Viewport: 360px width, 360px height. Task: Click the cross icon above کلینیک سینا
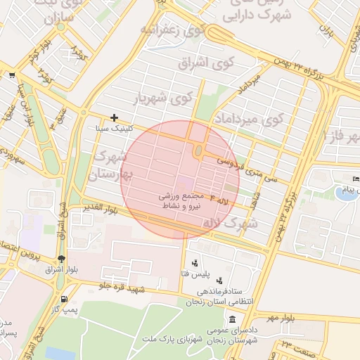[114, 117]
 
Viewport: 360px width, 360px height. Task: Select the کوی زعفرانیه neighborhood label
[172, 30]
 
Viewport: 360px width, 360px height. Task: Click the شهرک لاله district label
[230, 223]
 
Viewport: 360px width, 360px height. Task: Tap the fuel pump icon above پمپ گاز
[65, 299]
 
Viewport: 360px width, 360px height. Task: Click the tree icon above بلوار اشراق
[62, 258]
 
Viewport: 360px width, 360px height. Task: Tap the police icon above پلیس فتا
[195, 262]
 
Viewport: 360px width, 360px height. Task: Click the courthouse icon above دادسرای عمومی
[231, 319]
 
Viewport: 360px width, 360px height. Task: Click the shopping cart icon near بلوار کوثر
[12, 75]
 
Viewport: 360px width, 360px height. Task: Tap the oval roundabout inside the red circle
[199, 150]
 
